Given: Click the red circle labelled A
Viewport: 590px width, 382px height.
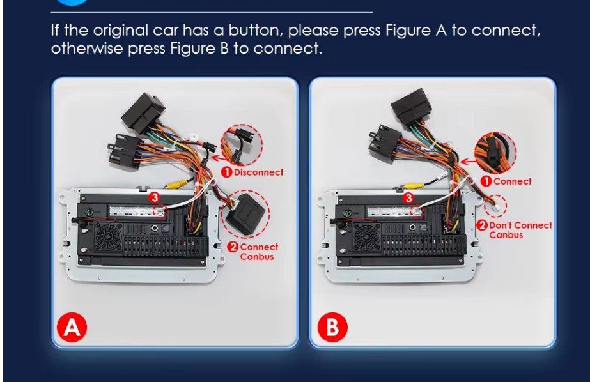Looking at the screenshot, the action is (x=72, y=327).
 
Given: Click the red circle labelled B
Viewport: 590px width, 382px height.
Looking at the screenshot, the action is (x=332, y=327).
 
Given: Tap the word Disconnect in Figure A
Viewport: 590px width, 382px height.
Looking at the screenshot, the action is (x=258, y=172).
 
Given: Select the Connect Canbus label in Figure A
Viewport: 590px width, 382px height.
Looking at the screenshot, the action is (x=259, y=252).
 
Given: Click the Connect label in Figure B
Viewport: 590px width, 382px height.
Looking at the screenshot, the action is (x=513, y=181).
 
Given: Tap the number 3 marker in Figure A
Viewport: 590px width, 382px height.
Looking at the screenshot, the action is (x=154, y=197).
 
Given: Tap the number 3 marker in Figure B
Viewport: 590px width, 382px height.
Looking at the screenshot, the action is (x=408, y=198).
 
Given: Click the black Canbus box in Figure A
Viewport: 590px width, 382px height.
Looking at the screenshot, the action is (x=245, y=213).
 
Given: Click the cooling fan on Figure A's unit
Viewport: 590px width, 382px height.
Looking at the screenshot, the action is (x=109, y=236).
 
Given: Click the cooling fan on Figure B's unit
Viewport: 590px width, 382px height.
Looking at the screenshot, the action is (x=367, y=236).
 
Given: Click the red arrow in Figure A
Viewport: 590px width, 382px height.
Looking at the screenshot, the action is (x=217, y=157).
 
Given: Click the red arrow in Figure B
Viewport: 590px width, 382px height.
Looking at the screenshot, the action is (x=468, y=162).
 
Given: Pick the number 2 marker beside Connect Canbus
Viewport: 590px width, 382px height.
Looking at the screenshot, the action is (x=233, y=247).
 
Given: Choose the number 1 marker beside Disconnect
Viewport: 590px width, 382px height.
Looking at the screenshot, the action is (x=226, y=172).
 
